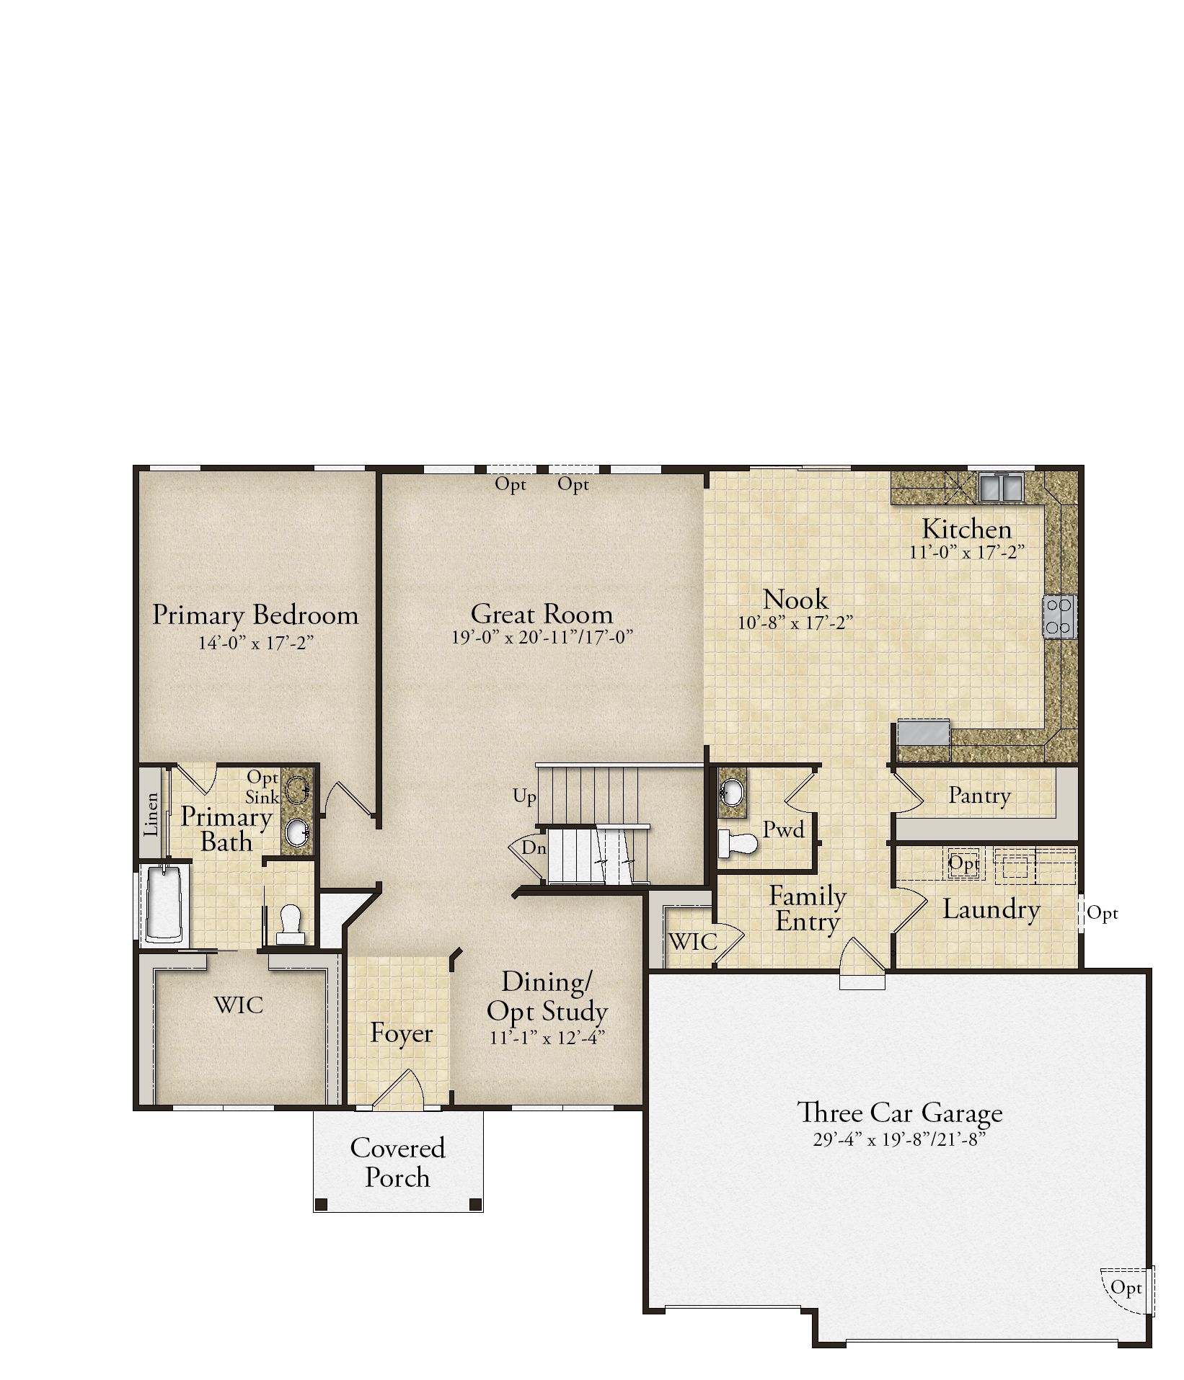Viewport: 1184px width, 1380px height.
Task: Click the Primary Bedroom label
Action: click(255, 615)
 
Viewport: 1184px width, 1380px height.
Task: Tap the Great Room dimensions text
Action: click(542, 638)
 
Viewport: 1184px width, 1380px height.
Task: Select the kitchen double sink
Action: click(1000, 486)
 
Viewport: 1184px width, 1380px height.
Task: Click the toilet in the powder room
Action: click(738, 843)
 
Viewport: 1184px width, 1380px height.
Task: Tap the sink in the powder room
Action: click(731, 793)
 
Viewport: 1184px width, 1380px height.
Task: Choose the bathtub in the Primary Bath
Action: click(165, 904)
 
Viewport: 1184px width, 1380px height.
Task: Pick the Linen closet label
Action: click(151, 814)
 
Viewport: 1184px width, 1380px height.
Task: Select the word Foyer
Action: click(401, 1033)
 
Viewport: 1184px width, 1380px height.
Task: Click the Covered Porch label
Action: click(398, 1162)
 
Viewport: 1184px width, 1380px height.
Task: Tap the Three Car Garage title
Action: click(899, 1113)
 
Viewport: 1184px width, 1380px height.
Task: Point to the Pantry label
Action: click(979, 796)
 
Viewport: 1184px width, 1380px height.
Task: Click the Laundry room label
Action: click(991, 909)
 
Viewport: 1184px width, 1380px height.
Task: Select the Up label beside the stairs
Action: click(525, 797)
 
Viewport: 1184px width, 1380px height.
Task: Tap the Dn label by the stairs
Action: click(534, 848)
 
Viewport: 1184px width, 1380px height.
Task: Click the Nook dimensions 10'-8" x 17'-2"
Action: click(795, 623)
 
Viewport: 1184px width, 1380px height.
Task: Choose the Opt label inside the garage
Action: click(1126, 1287)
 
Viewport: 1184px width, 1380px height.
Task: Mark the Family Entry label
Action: click(808, 909)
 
